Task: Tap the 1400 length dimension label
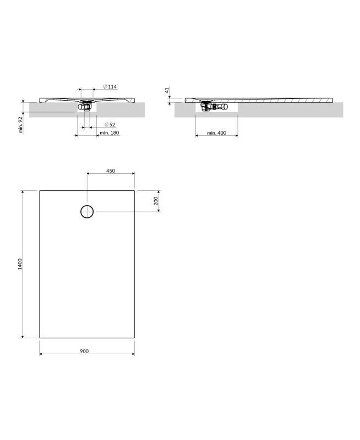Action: (20, 264)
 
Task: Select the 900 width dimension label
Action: (84, 351)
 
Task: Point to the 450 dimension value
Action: (111, 170)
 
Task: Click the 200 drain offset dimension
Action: (156, 201)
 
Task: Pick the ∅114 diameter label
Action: (110, 86)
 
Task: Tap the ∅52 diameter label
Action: (110, 124)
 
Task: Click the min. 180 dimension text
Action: (109, 133)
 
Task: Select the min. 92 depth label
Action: (20, 125)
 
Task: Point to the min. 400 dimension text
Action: (216, 133)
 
